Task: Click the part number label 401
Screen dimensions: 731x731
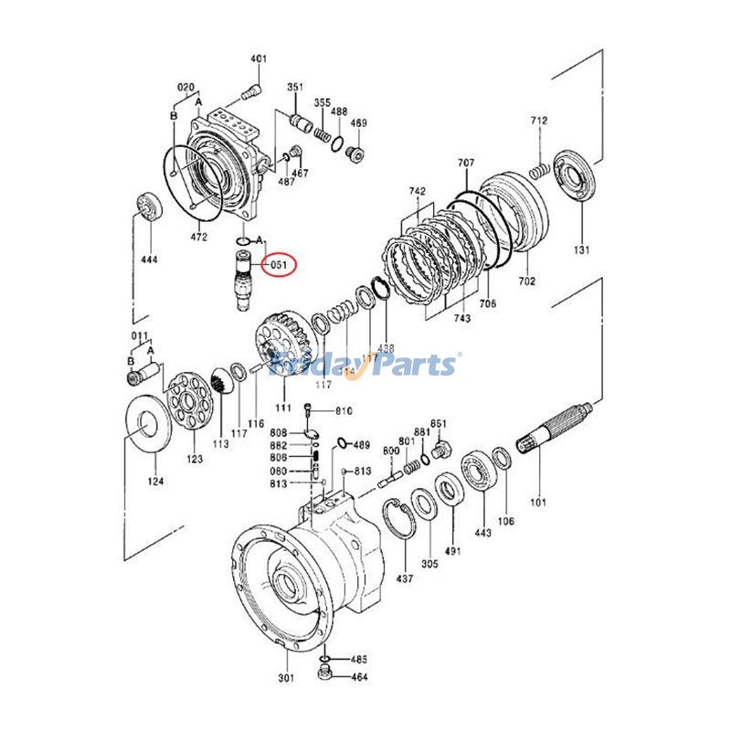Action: [x=259, y=59]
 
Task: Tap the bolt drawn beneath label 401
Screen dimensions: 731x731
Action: [x=252, y=90]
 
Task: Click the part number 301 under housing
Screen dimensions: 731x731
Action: [x=287, y=678]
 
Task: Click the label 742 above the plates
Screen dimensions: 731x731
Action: [x=418, y=191]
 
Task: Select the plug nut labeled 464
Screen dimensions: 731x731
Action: [x=323, y=675]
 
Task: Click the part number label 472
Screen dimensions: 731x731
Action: [x=198, y=237]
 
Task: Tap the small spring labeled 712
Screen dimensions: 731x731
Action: [x=540, y=170]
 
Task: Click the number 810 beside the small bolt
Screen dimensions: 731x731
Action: [x=344, y=411]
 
